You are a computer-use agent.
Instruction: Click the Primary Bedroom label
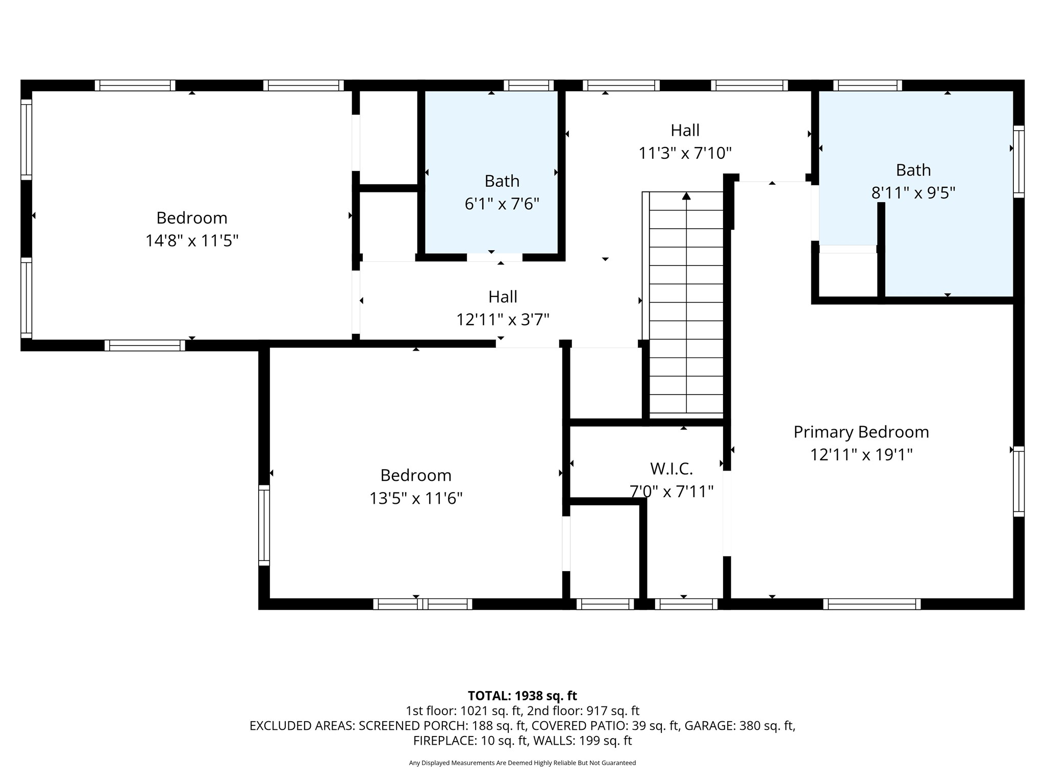861,432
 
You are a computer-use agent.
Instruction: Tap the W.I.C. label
671,469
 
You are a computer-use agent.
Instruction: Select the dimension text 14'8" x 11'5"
192,240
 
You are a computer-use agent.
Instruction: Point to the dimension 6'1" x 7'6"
502,204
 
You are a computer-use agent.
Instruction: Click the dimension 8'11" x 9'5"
913,193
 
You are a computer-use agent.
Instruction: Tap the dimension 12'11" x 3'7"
503,320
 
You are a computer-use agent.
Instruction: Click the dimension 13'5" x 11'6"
416,498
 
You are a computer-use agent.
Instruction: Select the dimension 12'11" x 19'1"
861,455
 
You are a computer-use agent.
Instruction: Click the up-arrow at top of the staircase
686,196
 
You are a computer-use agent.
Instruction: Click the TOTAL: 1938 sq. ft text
522,696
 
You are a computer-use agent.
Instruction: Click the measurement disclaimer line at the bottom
522,763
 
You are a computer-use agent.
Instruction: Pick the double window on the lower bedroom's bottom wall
422,604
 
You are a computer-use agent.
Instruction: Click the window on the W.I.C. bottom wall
686,604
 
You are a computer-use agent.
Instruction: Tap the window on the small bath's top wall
529,85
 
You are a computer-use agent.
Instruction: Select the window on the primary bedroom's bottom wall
872,604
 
